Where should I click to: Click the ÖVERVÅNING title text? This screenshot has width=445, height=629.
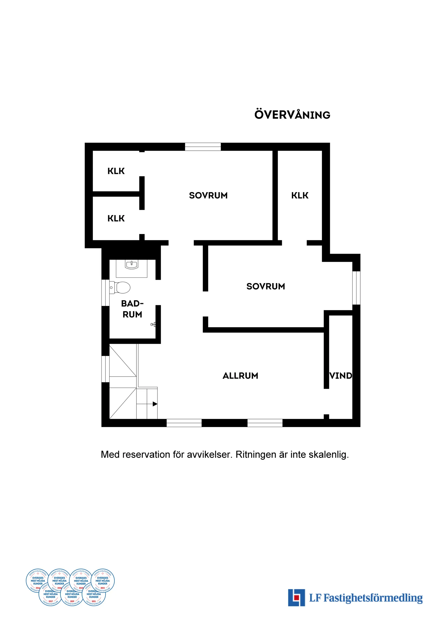[x=292, y=115]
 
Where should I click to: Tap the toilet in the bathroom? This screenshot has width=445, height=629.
[x=121, y=288]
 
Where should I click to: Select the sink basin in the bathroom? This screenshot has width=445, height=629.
[x=132, y=265]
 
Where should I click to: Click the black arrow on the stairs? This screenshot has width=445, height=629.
[x=155, y=404]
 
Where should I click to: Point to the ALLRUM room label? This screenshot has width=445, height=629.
[x=240, y=376]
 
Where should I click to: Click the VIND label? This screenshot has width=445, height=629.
[x=341, y=376]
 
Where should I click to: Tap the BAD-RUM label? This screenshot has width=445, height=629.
[x=132, y=309]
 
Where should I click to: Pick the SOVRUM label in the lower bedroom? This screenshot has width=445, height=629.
[x=266, y=286]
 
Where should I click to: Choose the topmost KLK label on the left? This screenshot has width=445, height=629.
[x=116, y=171]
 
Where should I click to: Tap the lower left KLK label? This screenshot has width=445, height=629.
[x=116, y=218]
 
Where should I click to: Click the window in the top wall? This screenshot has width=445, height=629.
[x=203, y=147]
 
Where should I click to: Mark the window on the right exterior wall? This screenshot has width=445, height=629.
[x=356, y=288]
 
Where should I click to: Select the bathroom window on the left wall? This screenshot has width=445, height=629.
[x=105, y=293]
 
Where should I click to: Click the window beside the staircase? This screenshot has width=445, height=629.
[x=105, y=369]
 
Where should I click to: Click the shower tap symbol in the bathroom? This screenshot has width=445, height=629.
[x=153, y=324]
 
